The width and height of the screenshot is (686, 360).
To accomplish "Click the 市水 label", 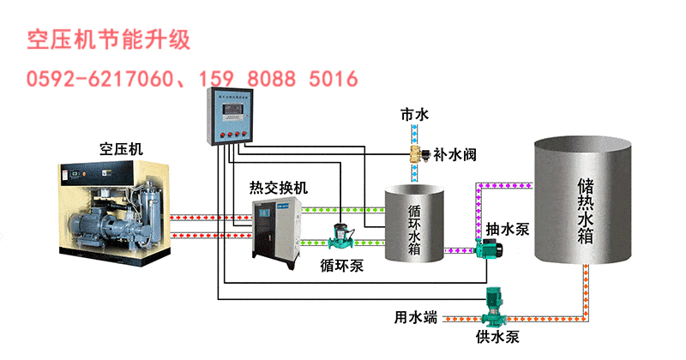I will [412, 114].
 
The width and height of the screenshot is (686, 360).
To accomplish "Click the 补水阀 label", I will [455, 155].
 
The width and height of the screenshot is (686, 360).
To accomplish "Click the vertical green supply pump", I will [494, 304].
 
